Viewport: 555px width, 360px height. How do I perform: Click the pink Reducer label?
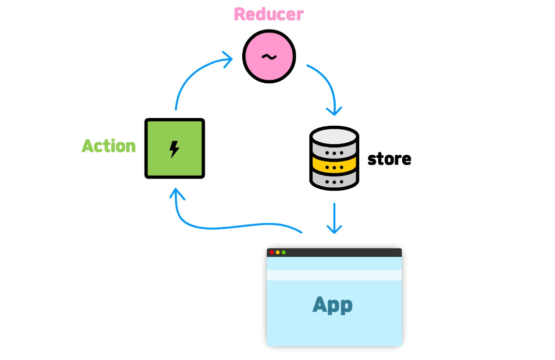click(269, 14)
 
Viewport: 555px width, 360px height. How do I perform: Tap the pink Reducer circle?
click(269, 56)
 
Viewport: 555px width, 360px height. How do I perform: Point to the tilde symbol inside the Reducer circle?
click(269, 56)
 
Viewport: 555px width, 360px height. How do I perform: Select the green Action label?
click(109, 146)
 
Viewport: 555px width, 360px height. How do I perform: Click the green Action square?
click(175, 149)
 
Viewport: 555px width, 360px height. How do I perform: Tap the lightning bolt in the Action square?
click(174, 149)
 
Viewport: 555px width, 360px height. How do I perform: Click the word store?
click(389, 159)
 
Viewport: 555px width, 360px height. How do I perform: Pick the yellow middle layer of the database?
click(334, 165)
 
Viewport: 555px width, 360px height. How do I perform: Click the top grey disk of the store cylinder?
click(334, 136)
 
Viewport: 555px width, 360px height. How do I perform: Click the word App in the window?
click(332, 305)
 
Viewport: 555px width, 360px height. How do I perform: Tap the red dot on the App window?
click(272, 252)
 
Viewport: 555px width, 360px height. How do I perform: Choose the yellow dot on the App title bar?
click(277, 252)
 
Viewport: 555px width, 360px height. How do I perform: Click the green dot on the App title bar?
click(283, 252)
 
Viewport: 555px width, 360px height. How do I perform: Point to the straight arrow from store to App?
click(334, 218)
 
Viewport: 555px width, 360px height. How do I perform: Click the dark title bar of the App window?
click(334, 253)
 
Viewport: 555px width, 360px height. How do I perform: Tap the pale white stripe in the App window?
click(334, 275)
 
